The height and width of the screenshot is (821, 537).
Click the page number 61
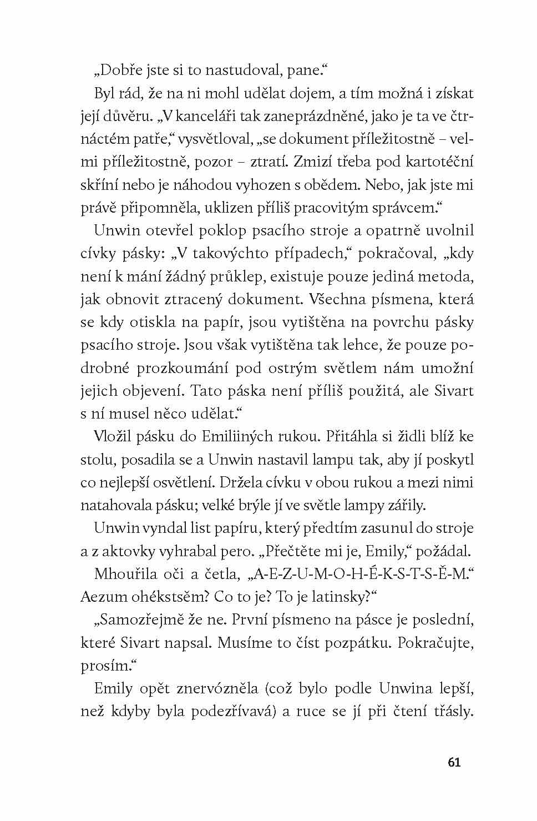pos(454,763)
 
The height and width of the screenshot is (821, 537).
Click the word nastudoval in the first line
pos(240,71)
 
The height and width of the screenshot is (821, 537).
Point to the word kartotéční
pos(439,163)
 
